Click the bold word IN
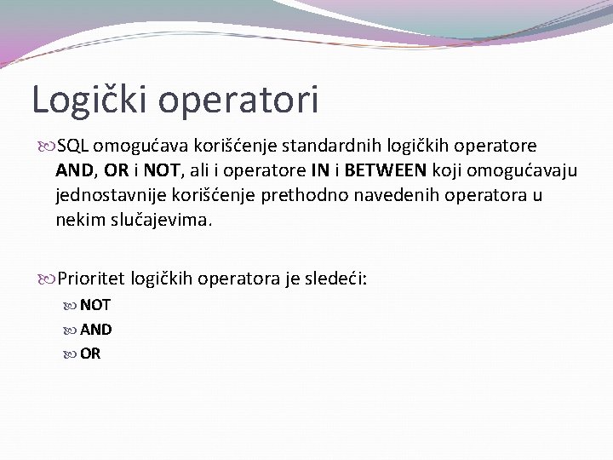323,171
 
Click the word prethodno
294,195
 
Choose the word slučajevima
166,219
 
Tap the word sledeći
336,278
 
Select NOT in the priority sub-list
95,305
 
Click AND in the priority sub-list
95,329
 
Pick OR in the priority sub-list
90,353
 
